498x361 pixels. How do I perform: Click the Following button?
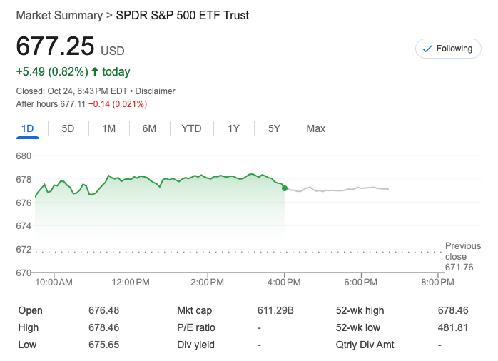pos(447,49)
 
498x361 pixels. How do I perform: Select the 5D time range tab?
pos(68,128)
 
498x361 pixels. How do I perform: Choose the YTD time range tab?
pos(191,128)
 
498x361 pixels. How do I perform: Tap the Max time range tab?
pos(315,128)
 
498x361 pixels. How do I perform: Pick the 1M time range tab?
pos(108,128)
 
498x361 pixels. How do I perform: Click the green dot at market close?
pos(285,188)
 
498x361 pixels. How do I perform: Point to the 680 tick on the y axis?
pos(24,156)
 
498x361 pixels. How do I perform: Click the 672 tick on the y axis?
pos(24,249)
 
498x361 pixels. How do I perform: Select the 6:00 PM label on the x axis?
pos(360,283)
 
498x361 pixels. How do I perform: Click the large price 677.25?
pos(56,46)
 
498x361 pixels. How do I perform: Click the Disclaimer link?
pos(155,91)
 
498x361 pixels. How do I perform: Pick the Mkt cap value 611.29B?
pos(275,310)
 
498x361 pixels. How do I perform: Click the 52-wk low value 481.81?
pos(453,327)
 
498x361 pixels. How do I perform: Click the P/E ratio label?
pos(196,327)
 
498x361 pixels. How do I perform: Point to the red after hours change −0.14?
pos(98,104)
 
